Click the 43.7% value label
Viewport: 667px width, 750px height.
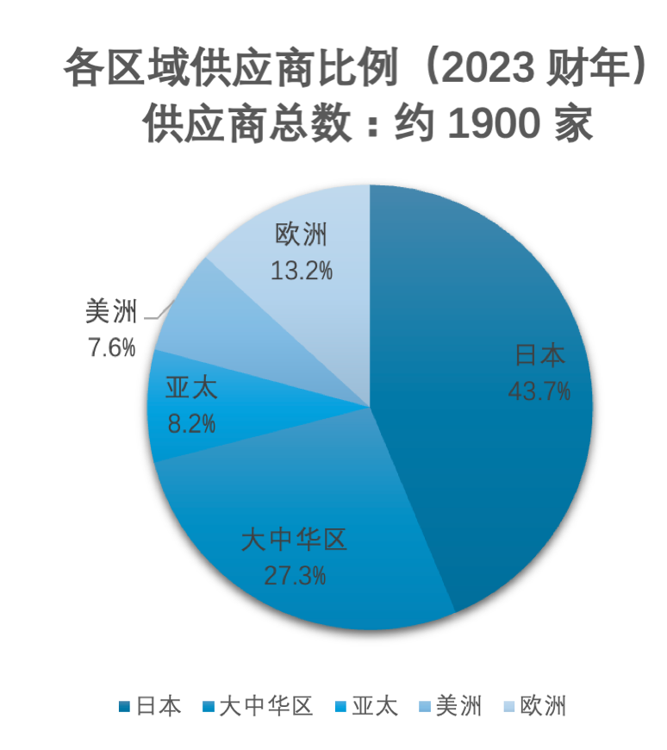(x=539, y=391)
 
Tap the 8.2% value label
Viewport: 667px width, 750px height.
(x=191, y=424)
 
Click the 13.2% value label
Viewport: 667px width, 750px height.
(x=302, y=271)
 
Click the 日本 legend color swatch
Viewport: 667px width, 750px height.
(x=125, y=707)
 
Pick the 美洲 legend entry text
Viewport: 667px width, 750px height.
(x=458, y=707)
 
